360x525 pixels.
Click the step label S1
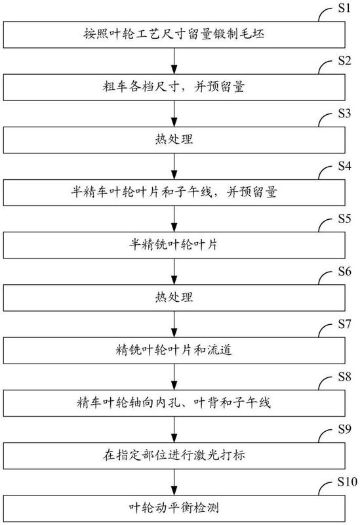(344, 8)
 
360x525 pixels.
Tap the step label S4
(344, 166)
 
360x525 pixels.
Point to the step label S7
(344, 324)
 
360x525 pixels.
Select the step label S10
(348, 482)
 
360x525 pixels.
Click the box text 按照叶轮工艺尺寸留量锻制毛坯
(174, 34)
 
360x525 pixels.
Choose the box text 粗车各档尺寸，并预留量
(174, 87)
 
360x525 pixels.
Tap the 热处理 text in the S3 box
(174, 139)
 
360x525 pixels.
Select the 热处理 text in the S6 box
(174, 297)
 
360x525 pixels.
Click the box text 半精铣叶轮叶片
(174, 245)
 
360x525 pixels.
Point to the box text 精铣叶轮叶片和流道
(174, 350)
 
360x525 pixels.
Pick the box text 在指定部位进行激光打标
(174, 455)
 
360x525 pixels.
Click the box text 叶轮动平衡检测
(174, 507)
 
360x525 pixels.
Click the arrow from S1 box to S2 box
(174, 61)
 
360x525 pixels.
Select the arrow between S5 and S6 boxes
(174, 272)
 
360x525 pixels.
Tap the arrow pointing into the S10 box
(174, 482)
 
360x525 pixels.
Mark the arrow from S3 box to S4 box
(174, 167)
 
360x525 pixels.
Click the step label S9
(344, 429)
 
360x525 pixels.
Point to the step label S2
(344, 60)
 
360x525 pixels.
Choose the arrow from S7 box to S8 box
(174, 377)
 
